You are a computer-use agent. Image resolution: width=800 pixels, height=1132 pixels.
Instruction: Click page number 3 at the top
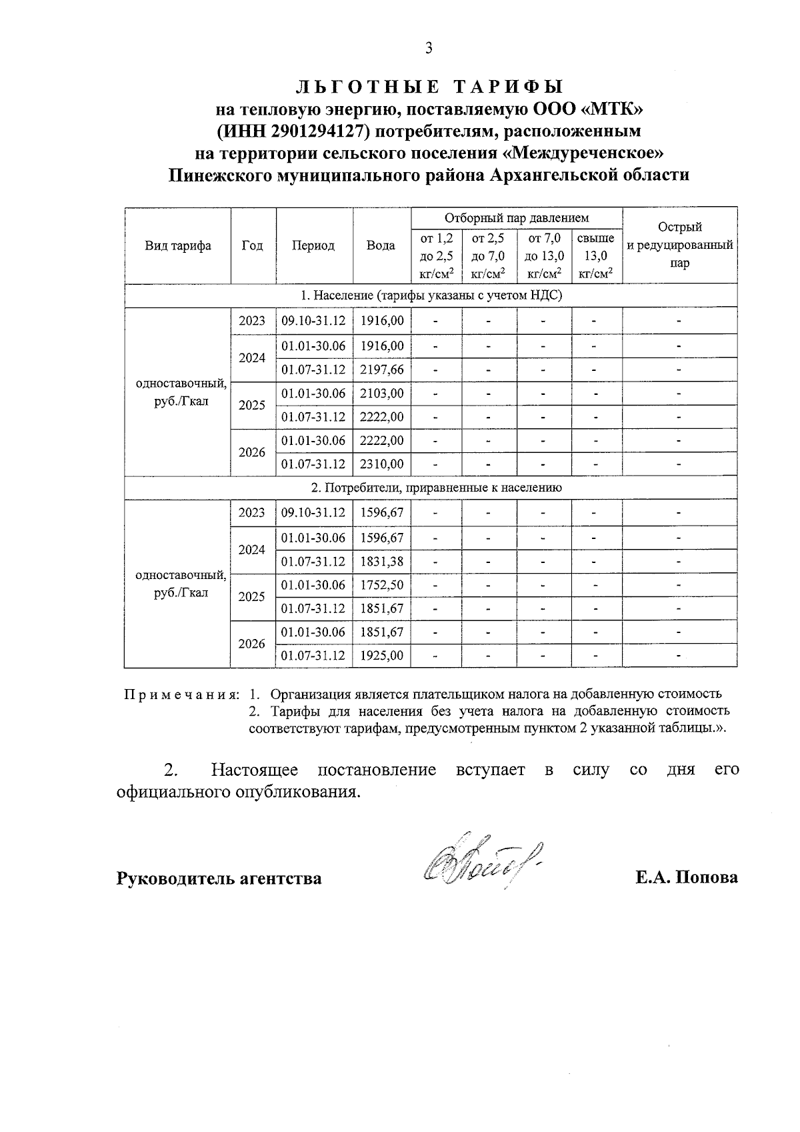pos(429,48)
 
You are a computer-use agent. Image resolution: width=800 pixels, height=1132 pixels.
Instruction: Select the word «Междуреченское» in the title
pos(583,153)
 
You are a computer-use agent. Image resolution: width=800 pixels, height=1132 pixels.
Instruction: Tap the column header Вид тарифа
pos(178,245)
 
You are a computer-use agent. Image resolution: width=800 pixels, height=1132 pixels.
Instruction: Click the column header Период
pos(313,245)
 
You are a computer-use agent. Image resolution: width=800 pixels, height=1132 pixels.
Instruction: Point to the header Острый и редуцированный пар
pos(679,245)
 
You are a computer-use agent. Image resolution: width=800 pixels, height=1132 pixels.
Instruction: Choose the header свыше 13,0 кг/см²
pos(595,255)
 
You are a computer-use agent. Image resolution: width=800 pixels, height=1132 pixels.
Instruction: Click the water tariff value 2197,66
pos(381,370)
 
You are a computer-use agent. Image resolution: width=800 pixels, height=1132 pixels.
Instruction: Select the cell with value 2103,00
pos(381,394)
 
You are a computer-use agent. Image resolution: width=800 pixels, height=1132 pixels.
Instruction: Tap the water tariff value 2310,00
pos(381,464)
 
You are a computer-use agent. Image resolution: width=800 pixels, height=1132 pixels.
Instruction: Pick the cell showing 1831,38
pos(381,562)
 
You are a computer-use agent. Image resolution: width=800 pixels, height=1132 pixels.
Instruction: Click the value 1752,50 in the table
pos(381,585)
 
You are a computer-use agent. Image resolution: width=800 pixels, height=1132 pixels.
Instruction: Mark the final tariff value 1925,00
pos(381,656)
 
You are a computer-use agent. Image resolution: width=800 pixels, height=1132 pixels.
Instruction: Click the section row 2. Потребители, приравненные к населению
pos(430,488)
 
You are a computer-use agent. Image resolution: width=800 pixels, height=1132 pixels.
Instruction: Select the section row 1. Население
pos(430,296)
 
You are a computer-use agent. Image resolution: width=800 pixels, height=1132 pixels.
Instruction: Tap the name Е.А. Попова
pos(686,877)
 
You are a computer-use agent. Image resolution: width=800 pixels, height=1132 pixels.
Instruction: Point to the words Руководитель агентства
pos(219,878)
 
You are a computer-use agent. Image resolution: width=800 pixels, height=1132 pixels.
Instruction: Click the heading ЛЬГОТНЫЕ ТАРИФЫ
pos(429,87)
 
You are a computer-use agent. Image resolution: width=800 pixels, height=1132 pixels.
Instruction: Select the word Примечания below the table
pos(181,694)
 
